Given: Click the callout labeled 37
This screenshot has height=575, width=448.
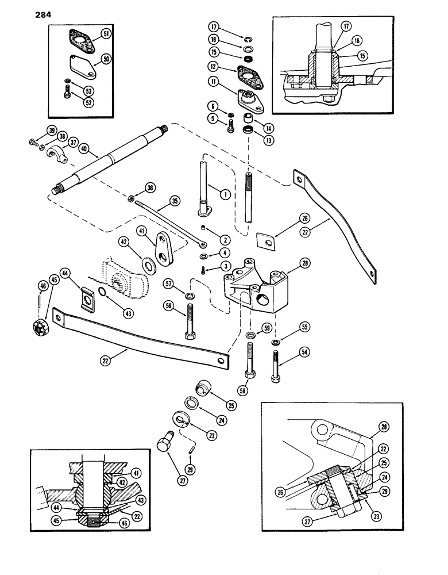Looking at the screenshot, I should tap(74, 142).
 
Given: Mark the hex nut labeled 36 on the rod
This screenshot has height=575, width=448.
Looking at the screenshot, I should tap(131, 199).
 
